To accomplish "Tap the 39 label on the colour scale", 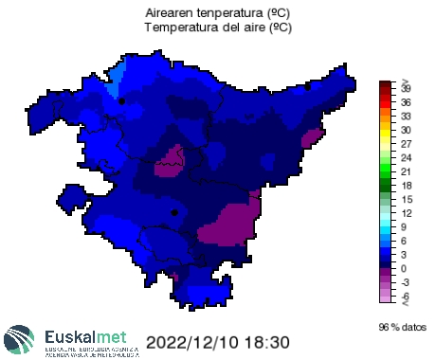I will (406, 87).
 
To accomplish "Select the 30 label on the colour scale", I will (406, 130).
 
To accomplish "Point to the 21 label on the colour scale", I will (406, 171).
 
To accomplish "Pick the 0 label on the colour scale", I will (404, 268).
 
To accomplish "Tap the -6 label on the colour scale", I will (406, 296).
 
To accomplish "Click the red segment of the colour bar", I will (384, 101).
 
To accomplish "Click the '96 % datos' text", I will (399, 327).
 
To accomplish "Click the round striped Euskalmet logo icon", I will (22, 339).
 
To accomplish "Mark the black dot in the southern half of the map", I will (174, 213).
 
